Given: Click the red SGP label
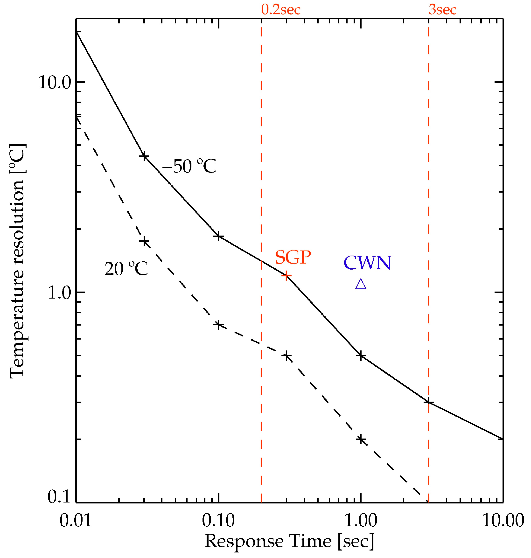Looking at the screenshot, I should (293, 257).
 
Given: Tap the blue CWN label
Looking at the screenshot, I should (367, 263).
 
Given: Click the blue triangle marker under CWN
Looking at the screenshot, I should (361, 284).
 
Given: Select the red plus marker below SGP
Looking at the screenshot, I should (286, 275).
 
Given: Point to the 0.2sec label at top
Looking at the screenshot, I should (280, 10).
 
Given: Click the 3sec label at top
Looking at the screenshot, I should (442, 10).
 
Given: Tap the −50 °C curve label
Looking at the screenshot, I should (189, 166).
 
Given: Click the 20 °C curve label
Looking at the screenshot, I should (126, 269).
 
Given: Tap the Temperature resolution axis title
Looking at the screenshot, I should (18, 260).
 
